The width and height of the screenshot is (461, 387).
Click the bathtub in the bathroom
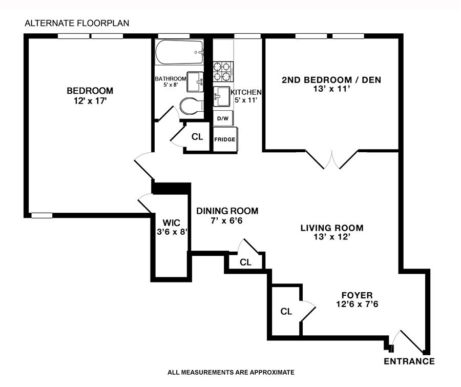pos(179,53)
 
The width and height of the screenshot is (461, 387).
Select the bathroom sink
pos(194,81)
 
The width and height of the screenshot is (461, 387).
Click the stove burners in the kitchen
pos(223,71)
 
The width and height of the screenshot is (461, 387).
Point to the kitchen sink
pos(222,95)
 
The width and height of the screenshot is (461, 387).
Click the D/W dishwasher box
pos(223,118)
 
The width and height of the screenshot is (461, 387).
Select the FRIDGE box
pos(224,139)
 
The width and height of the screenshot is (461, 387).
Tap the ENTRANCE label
pos(409,361)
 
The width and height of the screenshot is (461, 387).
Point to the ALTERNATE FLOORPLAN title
pos(77,23)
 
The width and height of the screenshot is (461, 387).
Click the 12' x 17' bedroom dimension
pos(90,101)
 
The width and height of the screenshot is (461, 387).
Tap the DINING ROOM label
pos(227,211)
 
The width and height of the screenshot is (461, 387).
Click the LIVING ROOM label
pos(331,228)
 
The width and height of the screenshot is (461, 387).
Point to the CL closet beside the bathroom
pos(197,137)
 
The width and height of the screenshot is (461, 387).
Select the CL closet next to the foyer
pos(286,311)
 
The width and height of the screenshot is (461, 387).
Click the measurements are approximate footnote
pos(231,372)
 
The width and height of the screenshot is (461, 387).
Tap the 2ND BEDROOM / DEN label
pos(331,80)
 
